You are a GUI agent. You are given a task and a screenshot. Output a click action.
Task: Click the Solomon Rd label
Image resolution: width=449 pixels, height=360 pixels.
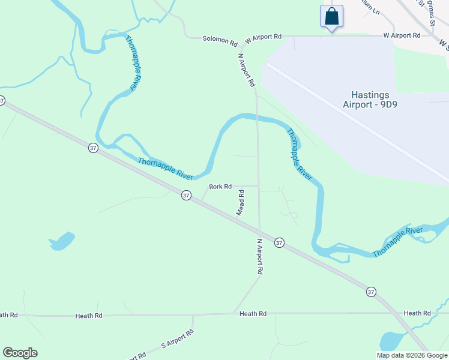pyautogui.click(x=220, y=40)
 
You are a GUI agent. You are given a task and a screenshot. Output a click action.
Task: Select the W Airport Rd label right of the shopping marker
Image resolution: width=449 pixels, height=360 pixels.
pyautogui.click(x=402, y=35)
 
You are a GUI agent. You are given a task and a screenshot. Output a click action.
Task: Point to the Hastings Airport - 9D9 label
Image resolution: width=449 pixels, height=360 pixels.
pyautogui.click(x=366, y=100)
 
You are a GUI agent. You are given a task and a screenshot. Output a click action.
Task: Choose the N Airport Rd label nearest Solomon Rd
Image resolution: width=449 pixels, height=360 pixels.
pyautogui.click(x=247, y=70)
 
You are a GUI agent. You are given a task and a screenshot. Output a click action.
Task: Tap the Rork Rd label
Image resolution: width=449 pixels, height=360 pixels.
pyautogui.click(x=220, y=187)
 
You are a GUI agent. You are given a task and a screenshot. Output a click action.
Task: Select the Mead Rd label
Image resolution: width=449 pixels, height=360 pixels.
pyautogui.click(x=240, y=203)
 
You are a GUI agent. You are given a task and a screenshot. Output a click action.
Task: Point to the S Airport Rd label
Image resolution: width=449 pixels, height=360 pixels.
pyautogui.click(x=178, y=340)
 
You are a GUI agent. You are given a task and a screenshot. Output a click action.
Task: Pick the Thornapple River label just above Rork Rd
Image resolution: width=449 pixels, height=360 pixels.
pyautogui.click(x=165, y=169)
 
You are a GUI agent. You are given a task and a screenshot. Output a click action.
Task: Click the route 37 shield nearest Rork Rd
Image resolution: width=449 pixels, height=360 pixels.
pyautogui.click(x=186, y=195)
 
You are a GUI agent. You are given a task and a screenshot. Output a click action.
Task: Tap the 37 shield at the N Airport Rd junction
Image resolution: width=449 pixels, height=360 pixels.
pyautogui.click(x=279, y=242)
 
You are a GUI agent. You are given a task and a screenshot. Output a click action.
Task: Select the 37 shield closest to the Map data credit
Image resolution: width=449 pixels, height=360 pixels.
pyautogui.click(x=371, y=292)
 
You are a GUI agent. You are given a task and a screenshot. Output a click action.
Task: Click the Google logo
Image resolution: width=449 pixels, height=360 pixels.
pyautogui.click(x=20, y=353)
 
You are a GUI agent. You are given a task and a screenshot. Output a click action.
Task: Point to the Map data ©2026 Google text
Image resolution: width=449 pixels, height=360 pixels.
pyautogui.click(x=412, y=355)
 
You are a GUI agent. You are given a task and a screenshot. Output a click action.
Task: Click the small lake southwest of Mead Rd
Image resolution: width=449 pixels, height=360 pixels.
pyautogui.click(x=62, y=241)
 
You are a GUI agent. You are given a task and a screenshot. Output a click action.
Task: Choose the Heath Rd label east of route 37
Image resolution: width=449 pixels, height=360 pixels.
pyautogui.click(x=417, y=313)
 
